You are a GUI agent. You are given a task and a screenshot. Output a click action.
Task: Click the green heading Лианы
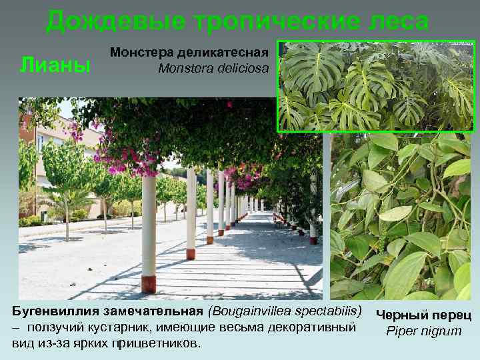tap(55, 65)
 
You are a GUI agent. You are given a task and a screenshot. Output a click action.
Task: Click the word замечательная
tap(158, 312)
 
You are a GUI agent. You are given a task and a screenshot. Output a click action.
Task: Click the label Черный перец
tap(424, 315)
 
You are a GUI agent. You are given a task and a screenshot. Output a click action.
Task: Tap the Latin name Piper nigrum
tap(424, 331)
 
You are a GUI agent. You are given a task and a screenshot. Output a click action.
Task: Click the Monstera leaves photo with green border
tap(375, 87)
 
